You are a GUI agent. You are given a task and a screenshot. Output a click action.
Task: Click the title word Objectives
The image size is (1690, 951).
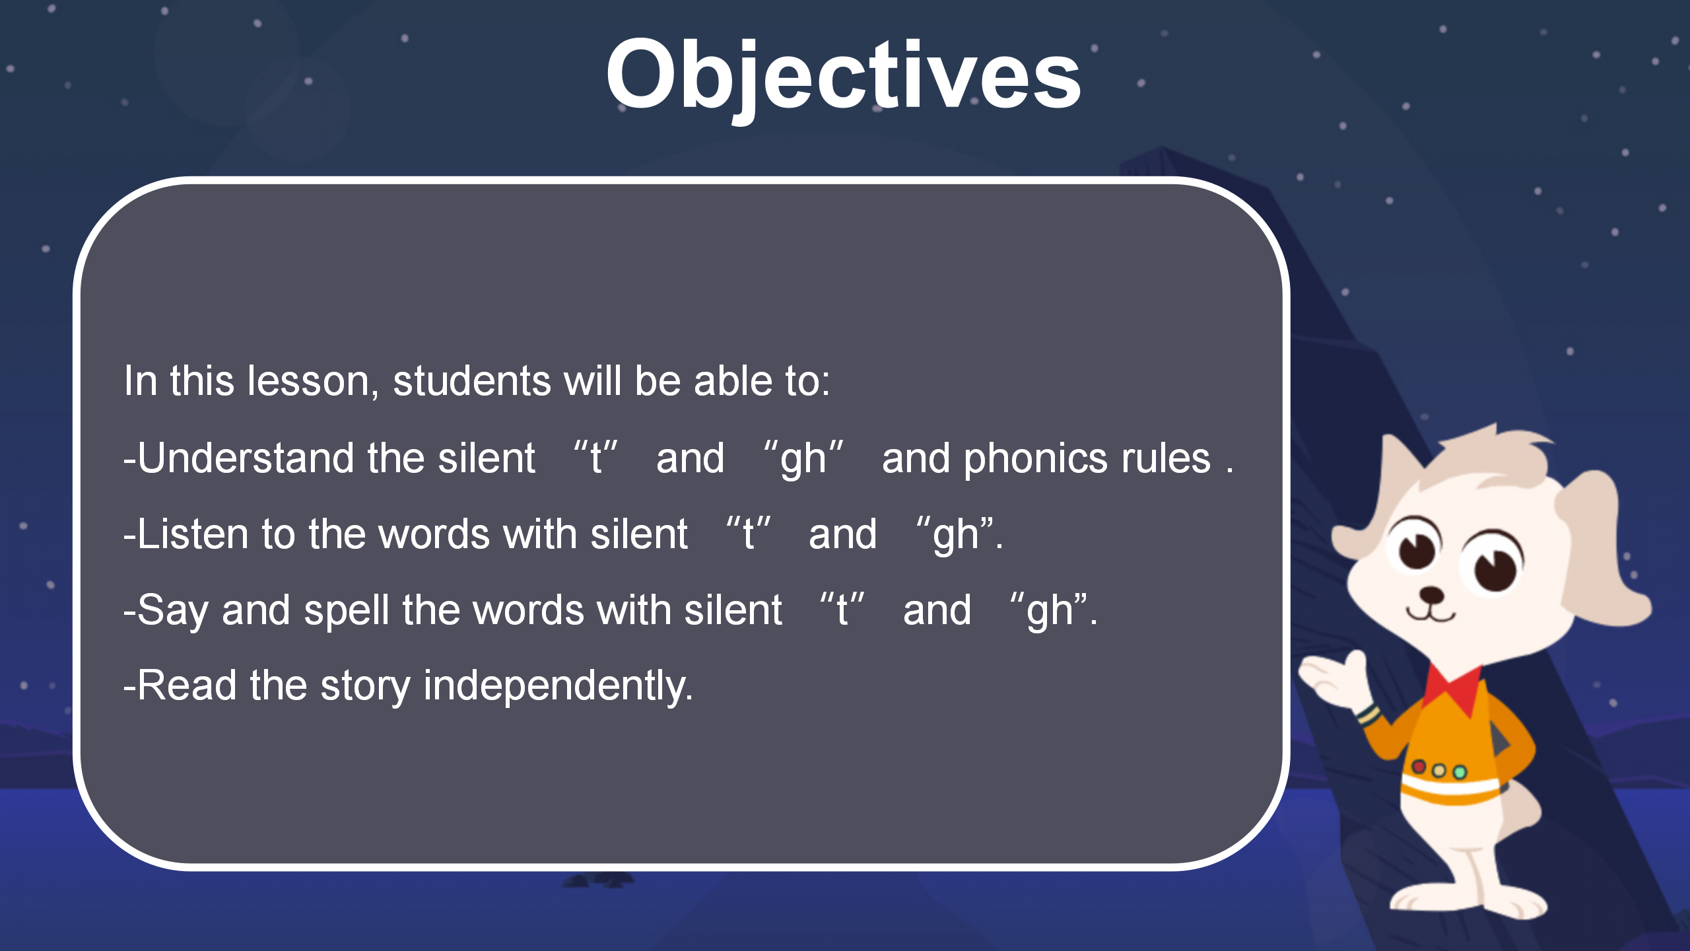click(843, 76)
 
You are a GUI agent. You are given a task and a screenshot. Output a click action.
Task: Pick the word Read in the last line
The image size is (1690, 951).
click(186, 686)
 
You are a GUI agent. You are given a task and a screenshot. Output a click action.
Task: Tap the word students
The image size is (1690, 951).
click(471, 382)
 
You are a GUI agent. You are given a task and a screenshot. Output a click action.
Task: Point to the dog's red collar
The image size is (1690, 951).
click(1452, 687)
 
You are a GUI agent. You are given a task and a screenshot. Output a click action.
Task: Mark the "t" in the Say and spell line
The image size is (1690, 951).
click(842, 609)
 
